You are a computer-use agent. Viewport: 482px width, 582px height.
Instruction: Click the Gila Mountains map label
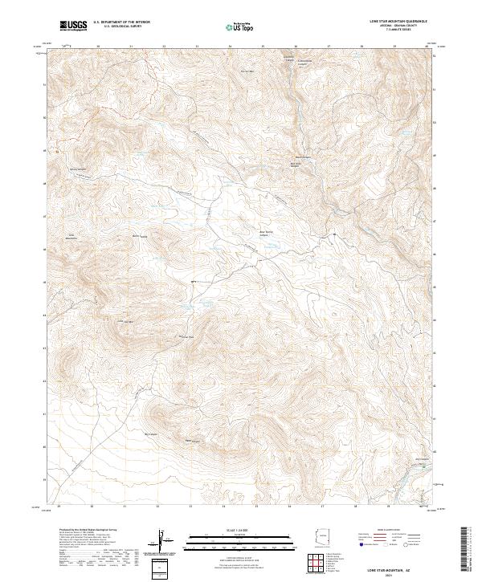coord(71,237)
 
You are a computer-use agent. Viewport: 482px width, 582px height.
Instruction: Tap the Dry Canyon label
coord(422,459)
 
